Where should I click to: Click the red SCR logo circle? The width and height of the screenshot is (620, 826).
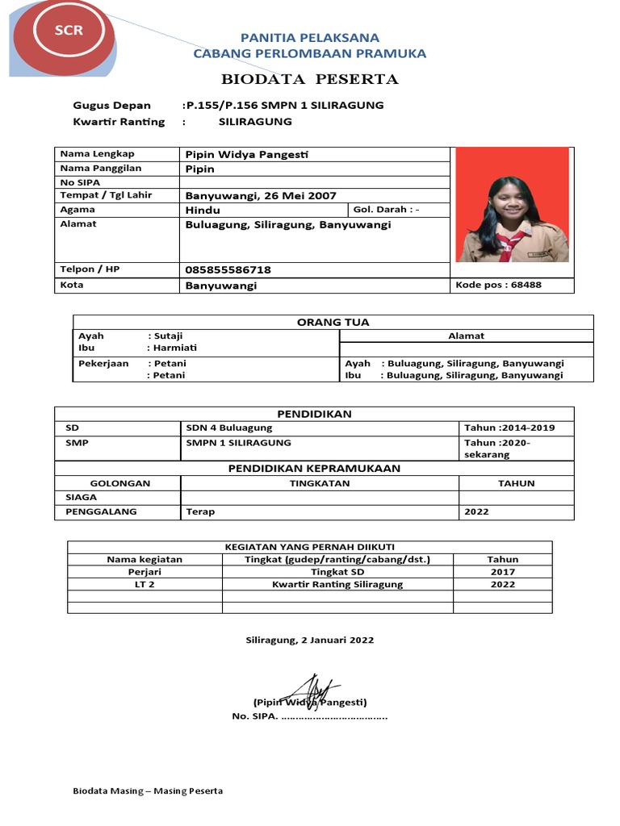69,32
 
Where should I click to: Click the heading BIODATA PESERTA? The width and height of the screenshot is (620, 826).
310,79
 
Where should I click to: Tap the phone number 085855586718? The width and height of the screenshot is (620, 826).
228,269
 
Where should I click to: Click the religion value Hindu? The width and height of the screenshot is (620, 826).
203,210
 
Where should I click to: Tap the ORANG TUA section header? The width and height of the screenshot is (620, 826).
333,322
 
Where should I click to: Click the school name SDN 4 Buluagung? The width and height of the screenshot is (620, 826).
229,428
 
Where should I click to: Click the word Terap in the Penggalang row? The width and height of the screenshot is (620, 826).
200,511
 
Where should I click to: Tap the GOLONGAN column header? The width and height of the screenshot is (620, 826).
119,483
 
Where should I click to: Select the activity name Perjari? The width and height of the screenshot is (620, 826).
145,572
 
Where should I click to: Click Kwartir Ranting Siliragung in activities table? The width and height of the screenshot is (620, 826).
337,584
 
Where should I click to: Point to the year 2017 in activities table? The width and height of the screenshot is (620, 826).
502,572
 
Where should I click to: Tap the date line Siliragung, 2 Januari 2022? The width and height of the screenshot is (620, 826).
310,640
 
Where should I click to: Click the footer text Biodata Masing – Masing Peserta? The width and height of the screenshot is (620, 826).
148,791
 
